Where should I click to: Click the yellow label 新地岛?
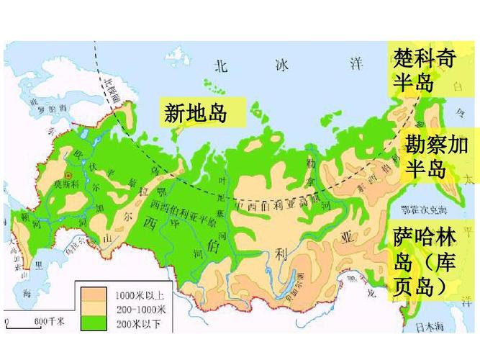pos(196,112)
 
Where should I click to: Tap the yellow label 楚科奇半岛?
pos(425,70)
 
